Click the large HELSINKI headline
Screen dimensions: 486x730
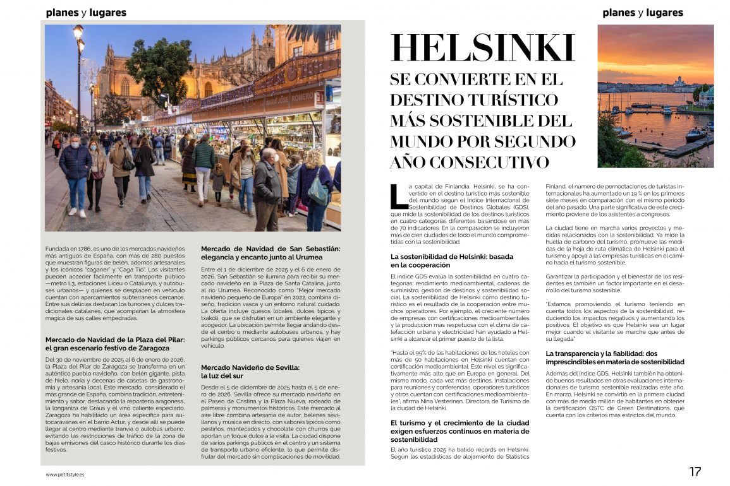pos(483,49)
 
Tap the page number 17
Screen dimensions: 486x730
pos(695,471)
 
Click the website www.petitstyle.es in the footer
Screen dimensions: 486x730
pos(65,474)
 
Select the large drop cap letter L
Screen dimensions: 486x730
pos(399,196)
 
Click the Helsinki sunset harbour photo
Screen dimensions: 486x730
pos(655,96)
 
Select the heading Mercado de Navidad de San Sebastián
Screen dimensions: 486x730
pos(271,252)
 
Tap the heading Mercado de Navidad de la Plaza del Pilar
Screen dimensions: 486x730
pos(115,343)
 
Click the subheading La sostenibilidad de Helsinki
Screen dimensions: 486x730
pos(452,261)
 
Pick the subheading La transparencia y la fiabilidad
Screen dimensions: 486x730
pos(614,357)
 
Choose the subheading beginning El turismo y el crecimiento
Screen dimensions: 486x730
pos(459,430)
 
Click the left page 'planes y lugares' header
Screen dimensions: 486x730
pos(86,13)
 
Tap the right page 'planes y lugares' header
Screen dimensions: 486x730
pos(643,13)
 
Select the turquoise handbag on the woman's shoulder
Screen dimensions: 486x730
pos(318,193)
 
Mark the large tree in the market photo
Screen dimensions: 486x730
pos(159,69)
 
